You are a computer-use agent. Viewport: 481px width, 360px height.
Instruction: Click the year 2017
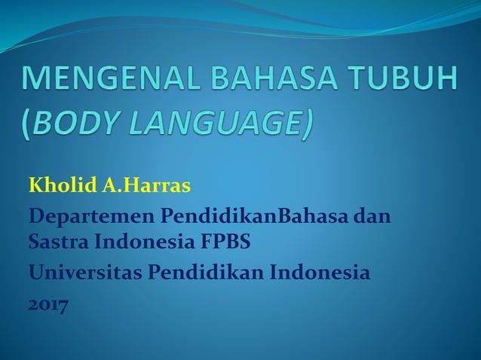pos(47,305)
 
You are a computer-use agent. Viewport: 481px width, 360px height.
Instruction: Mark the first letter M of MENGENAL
pos(38,81)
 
